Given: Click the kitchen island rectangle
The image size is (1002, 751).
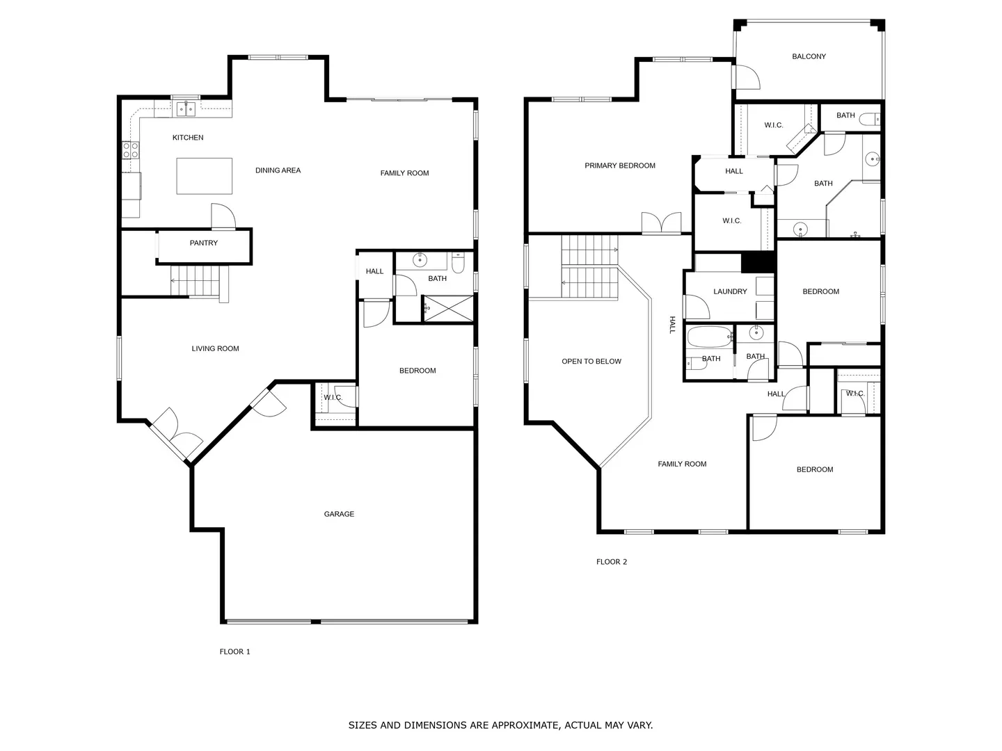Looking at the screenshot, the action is [x=204, y=176].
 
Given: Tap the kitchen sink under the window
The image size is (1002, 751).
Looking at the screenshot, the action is [x=186, y=109].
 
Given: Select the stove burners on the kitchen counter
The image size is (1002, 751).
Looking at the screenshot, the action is [x=131, y=150].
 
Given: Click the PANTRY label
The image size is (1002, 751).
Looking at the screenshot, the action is [x=204, y=243].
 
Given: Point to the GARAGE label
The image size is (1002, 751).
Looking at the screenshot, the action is [x=339, y=514].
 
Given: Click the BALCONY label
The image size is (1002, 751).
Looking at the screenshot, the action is [x=809, y=56].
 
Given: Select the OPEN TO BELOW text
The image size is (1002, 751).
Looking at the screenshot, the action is [x=591, y=361].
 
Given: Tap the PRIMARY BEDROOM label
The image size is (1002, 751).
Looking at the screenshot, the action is [x=620, y=165].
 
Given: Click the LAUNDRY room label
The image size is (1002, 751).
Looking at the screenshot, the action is [x=730, y=291].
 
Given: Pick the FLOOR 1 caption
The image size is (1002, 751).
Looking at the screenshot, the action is [x=234, y=652].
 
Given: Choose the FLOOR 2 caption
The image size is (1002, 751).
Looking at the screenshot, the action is [x=612, y=562].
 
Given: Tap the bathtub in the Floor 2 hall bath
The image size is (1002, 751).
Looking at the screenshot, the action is [x=710, y=337].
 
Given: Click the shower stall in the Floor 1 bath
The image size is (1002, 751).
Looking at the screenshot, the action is [x=449, y=309].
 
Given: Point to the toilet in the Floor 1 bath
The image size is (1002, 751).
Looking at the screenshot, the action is [x=458, y=263].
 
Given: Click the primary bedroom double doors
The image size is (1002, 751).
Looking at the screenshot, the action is [x=662, y=223].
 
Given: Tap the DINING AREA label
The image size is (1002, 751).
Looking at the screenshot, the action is [x=278, y=170].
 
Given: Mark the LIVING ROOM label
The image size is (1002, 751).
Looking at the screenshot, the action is [x=215, y=348].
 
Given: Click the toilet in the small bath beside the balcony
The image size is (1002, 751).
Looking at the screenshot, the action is [x=870, y=120].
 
